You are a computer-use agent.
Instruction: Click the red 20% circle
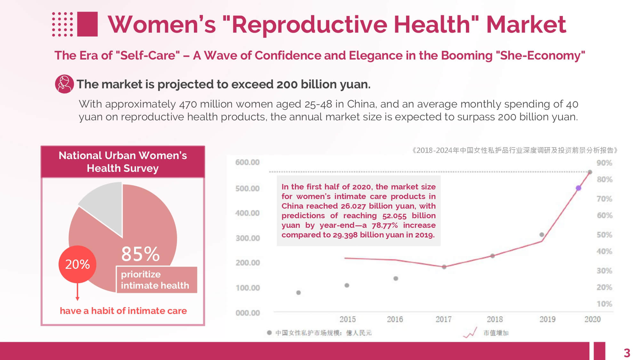click(77, 264)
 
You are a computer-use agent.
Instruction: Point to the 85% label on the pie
click(140, 254)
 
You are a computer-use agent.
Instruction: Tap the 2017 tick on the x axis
click(444, 319)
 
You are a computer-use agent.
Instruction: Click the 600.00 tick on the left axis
click(247, 162)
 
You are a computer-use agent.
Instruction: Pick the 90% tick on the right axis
click(604, 163)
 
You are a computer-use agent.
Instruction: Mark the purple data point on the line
click(578, 188)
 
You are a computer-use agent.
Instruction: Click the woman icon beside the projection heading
click(64, 84)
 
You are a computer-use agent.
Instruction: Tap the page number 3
click(627, 353)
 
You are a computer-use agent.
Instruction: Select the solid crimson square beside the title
click(87, 24)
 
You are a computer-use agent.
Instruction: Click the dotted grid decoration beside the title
click(63, 24)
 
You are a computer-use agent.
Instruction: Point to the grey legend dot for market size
click(269, 333)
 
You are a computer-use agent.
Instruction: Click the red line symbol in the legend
click(470, 333)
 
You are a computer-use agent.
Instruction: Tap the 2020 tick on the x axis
click(592, 319)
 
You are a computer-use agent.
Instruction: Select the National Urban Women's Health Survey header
click(123, 162)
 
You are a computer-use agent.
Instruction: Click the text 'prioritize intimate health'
click(155, 280)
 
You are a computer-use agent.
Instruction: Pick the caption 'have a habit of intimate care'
click(123, 311)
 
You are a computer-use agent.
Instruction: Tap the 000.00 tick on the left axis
click(247, 313)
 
